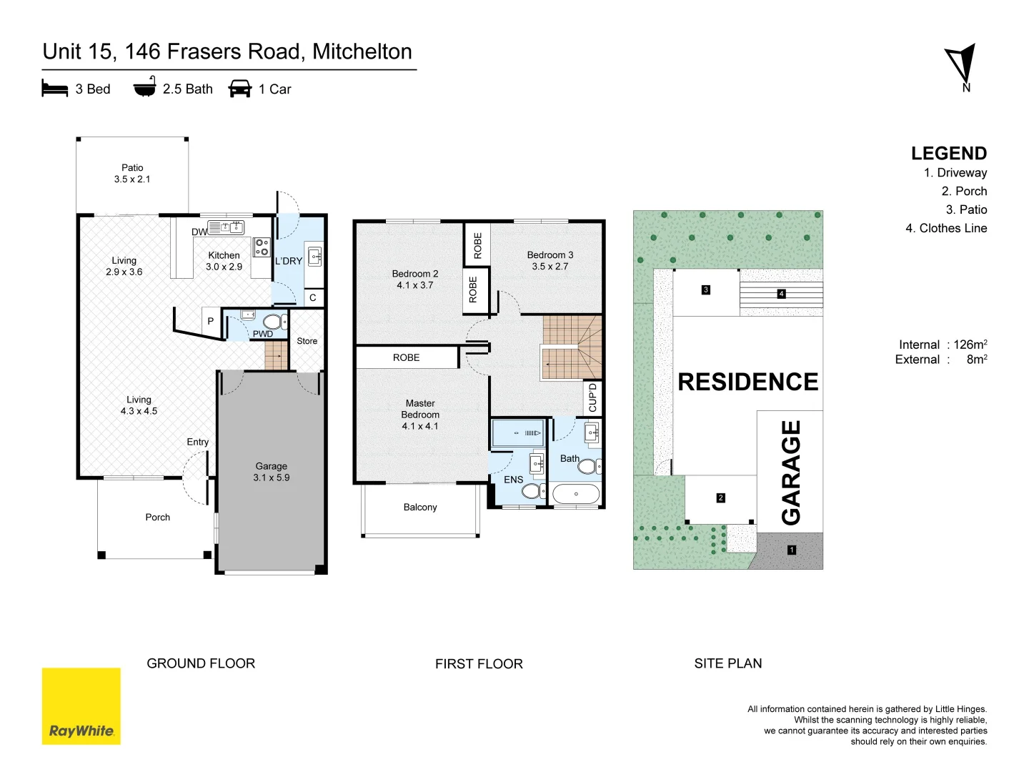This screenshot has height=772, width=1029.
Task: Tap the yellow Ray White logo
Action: (81, 706)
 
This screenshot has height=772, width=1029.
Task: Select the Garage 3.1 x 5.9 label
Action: (272, 472)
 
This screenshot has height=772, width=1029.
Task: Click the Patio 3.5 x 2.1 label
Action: (132, 173)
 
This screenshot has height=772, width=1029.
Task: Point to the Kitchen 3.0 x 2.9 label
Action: (224, 261)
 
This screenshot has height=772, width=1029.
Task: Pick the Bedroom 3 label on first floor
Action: (550, 260)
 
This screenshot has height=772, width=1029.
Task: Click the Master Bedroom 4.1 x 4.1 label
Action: (420, 415)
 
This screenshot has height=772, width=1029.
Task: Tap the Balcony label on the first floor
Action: (420, 508)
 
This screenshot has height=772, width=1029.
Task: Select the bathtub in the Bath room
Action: (576, 493)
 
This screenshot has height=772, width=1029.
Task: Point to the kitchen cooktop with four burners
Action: (262, 247)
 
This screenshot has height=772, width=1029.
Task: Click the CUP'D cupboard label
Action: (592, 398)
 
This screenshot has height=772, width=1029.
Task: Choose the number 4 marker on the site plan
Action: (781, 294)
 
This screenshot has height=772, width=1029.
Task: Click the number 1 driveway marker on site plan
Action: (792, 550)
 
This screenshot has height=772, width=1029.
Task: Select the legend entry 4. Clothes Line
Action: (946, 228)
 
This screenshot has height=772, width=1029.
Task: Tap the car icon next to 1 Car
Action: (240, 89)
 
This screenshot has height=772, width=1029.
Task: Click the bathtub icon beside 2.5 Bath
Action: (145, 86)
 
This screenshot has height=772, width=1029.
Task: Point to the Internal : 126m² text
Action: (943, 344)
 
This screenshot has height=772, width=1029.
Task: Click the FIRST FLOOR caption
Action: (479, 664)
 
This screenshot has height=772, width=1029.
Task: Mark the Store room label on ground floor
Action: (307, 341)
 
